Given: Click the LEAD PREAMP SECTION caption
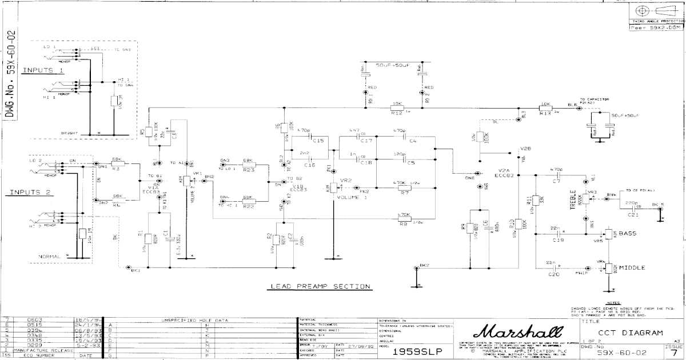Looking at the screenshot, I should (x=320, y=286).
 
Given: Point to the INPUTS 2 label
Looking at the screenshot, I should (x=27, y=193).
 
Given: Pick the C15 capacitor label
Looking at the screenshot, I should (x=318, y=141).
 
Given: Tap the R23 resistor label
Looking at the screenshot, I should (x=248, y=170).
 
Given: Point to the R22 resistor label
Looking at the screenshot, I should (x=248, y=206).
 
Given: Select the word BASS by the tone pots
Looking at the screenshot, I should (x=627, y=234).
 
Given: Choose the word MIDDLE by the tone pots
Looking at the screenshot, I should (x=632, y=267).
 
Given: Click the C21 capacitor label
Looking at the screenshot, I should (x=633, y=215).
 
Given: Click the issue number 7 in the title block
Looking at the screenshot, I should (x=675, y=354).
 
